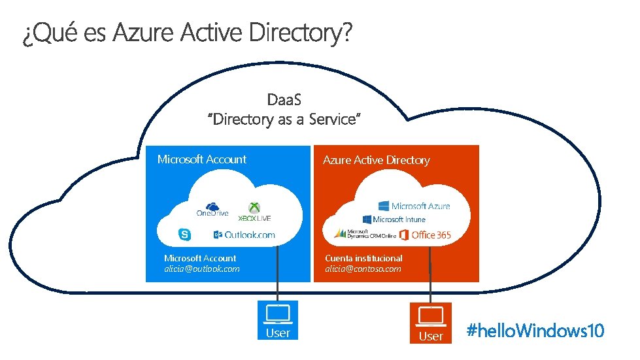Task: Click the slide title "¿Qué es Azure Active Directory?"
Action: click(186, 33)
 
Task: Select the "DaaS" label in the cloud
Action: click(284, 99)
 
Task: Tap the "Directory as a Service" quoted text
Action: click(284, 120)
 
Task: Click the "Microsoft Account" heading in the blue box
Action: click(202, 159)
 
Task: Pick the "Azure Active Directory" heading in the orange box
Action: click(376, 160)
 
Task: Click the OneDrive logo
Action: click(212, 210)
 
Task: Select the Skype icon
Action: click(185, 235)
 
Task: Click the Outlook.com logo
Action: click(244, 235)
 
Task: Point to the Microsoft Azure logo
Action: click(414, 206)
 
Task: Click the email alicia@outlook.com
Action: click(202, 269)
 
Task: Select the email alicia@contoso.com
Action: click(363, 269)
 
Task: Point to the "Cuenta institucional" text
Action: click(363, 258)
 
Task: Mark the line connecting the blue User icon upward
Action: click(278, 274)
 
